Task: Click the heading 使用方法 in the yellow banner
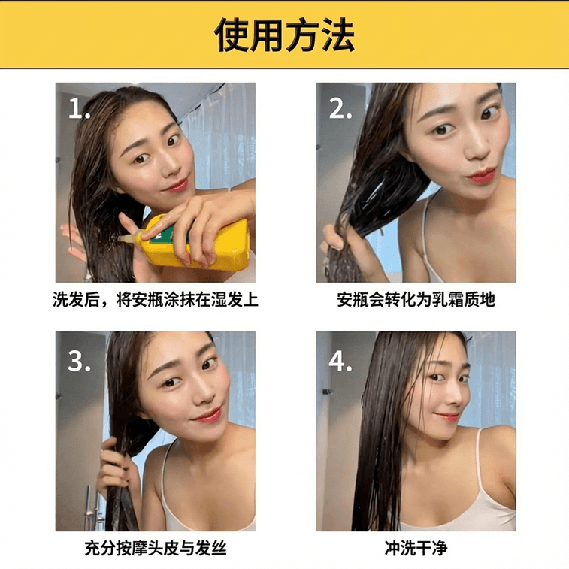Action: [x=284, y=35]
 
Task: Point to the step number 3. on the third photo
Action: [x=80, y=361]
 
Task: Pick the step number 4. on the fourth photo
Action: [x=340, y=361]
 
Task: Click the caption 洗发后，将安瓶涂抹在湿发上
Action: [x=155, y=300]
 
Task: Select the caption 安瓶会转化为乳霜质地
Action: [x=416, y=300]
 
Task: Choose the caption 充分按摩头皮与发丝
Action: [x=155, y=549]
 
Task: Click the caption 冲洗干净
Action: [x=416, y=549]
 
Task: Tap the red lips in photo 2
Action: [x=481, y=177]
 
